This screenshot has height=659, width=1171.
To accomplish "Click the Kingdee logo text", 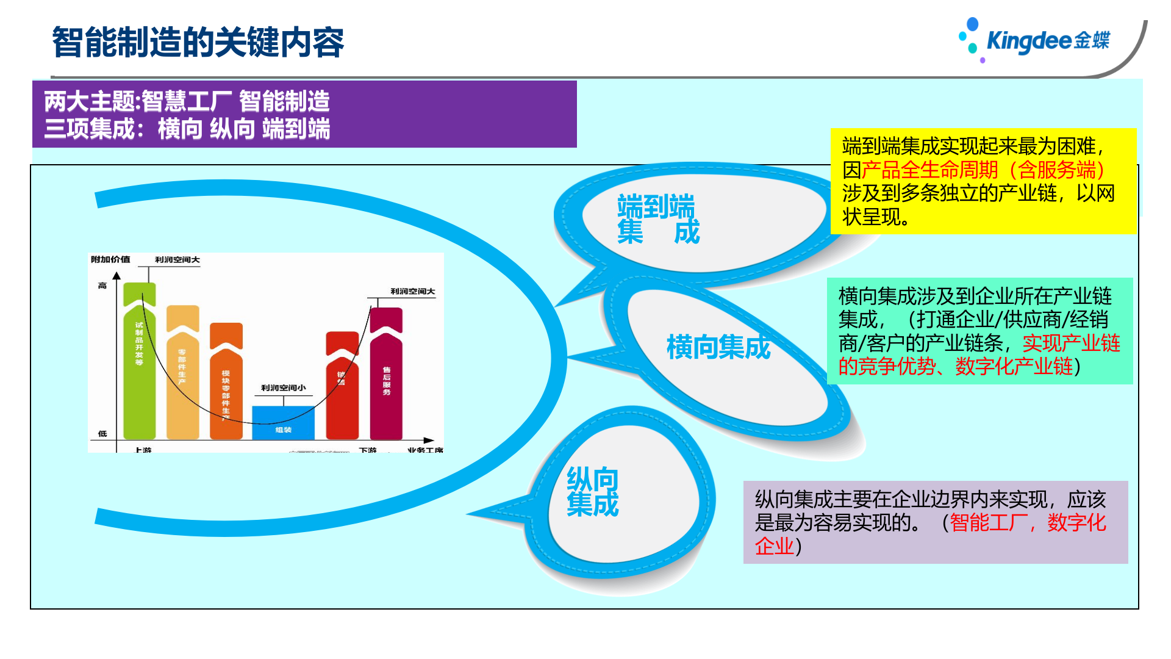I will [x=1047, y=40].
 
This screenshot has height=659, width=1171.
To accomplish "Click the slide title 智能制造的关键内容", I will [x=198, y=42].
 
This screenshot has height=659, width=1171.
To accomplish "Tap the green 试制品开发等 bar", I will [x=139, y=366].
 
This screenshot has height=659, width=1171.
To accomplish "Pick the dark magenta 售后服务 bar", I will [x=386, y=378].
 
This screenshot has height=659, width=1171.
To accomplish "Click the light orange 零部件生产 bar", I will [x=182, y=378].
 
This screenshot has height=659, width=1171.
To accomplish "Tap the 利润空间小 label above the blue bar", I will [x=283, y=388].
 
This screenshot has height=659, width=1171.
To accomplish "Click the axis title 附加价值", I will [x=110, y=259].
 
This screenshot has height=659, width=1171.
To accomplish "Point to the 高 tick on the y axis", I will [x=102, y=286].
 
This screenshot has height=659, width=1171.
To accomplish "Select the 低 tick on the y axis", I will [x=102, y=434].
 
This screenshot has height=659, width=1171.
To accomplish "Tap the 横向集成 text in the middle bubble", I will [x=718, y=347].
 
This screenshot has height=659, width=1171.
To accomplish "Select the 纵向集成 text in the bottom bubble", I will [x=592, y=492].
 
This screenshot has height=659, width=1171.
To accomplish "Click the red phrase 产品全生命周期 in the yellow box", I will [x=929, y=170].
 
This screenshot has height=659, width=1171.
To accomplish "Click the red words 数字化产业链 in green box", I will [x=1014, y=367].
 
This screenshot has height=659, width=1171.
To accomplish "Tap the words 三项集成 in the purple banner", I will [x=90, y=129].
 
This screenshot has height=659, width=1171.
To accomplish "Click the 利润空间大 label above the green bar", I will [x=177, y=260].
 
